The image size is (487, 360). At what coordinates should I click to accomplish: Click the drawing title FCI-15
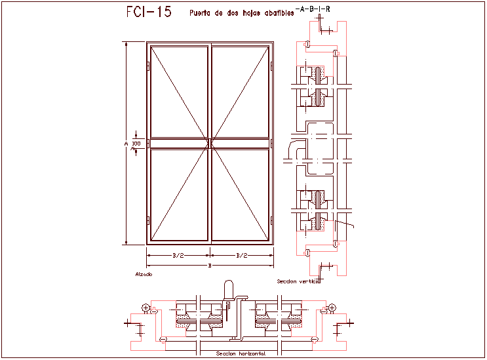[x=148, y=12]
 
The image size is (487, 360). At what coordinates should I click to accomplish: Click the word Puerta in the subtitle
[x=200, y=12]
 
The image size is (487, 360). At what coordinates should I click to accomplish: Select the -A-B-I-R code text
[x=313, y=9]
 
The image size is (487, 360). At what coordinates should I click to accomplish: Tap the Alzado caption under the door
[x=144, y=273]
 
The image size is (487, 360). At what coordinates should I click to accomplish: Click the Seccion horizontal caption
[x=239, y=354]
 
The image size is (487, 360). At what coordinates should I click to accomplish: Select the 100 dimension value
[x=136, y=143]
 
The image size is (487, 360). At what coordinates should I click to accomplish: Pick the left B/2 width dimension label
[x=178, y=255]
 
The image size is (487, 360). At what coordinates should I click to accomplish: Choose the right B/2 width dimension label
[x=241, y=255]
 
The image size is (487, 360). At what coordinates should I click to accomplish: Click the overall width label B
[x=209, y=266]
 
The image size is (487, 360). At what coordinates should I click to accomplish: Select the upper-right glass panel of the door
[x=240, y=92]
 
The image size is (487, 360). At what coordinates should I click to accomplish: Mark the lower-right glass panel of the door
[x=240, y=194]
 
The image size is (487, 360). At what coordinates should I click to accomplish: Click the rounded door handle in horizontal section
[x=228, y=290]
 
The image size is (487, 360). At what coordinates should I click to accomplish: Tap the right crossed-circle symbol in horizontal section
[x=332, y=308]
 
